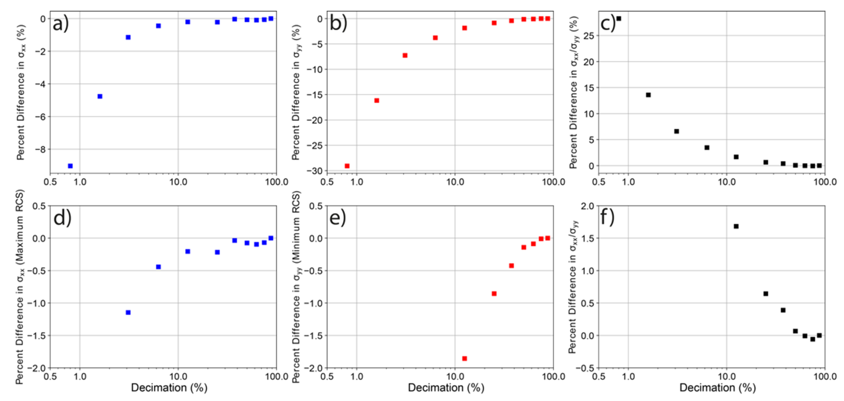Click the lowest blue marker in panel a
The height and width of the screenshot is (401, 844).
tap(70, 166)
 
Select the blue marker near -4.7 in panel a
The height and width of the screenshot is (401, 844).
tap(100, 96)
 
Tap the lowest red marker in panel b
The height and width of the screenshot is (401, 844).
tap(347, 166)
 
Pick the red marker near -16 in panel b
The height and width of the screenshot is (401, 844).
tap(377, 101)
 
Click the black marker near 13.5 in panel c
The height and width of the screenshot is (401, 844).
tap(648, 95)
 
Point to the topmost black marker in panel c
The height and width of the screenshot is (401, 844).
tap(619, 19)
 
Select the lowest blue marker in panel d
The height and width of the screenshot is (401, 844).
tap(128, 312)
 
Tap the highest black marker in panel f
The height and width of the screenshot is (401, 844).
tap(736, 226)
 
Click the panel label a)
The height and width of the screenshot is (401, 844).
tap(61, 24)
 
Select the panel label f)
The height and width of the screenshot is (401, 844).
tap(607, 218)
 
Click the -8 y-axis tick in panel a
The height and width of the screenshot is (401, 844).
tap(41, 149)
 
